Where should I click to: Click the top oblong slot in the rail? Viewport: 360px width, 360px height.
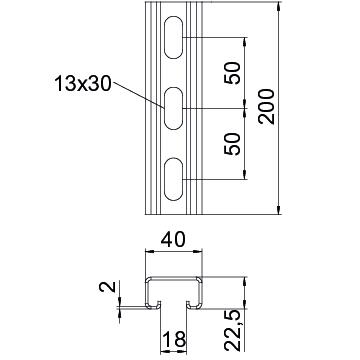tap(174, 37)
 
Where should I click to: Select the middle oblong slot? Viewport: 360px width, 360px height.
tap(174, 108)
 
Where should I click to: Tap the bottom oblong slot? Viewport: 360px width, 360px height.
tap(174, 179)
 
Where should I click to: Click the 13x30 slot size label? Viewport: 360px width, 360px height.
tap(82, 83)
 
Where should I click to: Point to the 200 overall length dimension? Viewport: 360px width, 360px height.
tap(267, 107)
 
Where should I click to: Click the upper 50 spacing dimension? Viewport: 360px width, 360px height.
tap(233, 73)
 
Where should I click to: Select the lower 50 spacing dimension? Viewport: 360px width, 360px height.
tap(233, 144)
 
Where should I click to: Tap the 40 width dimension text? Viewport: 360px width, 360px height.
tap(173, 240)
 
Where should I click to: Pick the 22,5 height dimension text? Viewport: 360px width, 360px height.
tap(233, 330)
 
